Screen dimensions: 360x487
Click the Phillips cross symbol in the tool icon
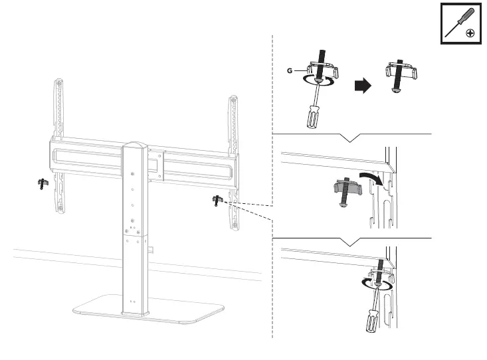470,33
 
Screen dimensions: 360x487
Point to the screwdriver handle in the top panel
312,118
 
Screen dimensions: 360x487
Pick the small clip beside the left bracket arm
42,184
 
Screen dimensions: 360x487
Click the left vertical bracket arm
58,146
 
